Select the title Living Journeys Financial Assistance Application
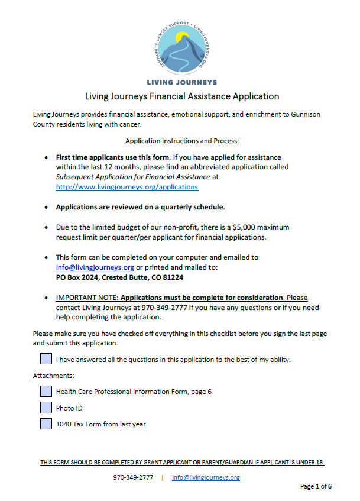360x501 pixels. pyautogui.click(x=181, y=96)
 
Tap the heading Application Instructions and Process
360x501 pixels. pyautogui.click(x=181, y=141)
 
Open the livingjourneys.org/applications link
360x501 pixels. pyautogui.click(x=127, y=186)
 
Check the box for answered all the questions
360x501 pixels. pyautogui.click(x=46, y=359)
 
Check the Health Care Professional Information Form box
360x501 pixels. pyautogui.click(x=46, y=391)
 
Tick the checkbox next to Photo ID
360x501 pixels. pyautogui.click(x=46, y=408)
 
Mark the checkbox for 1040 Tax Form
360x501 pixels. pyautogui.click(x=46, y=424)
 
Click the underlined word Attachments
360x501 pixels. pyautogui.click(x=53, y=376)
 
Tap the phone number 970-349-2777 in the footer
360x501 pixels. pyautogui.click(x=133, y=477)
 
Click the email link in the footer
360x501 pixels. pyautogui.click(x=206, y=477)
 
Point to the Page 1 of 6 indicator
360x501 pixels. pyautogui.click(x=316, y=487)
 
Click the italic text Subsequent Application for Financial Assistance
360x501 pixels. pyautogui.click(x=132, y=176)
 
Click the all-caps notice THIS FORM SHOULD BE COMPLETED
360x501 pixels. pyautogui.click(x=181, y=462)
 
